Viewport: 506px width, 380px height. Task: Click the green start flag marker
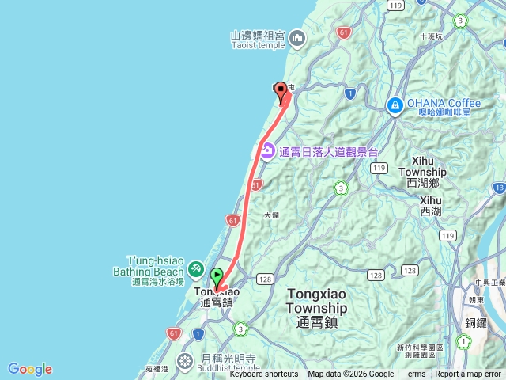click(x=217, y=277)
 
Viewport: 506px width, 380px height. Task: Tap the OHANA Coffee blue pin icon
click(x=395, y=104)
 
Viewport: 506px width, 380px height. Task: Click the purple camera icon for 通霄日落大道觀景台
click(x=268, y=150)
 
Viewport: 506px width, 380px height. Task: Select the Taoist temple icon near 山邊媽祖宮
click(x=297, y=36)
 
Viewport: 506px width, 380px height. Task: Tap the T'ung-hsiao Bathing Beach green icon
click(x=195, y=271)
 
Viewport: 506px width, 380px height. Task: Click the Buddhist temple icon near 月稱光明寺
click(x=184, y=362)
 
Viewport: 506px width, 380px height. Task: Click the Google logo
click(x=30, y=369)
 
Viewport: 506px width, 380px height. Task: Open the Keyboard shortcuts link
click(x=264, y=374)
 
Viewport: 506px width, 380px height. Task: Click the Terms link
click(x=414, y=374)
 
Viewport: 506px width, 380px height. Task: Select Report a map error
click(x=469, y=374)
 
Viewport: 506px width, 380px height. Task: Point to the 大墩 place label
click(x=271, y=215)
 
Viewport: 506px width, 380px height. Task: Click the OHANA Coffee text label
click(x=444, y=104)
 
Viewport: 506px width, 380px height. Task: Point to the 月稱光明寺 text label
click(x=230, y=358)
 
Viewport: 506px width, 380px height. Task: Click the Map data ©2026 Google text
click(x=350, y=374)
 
